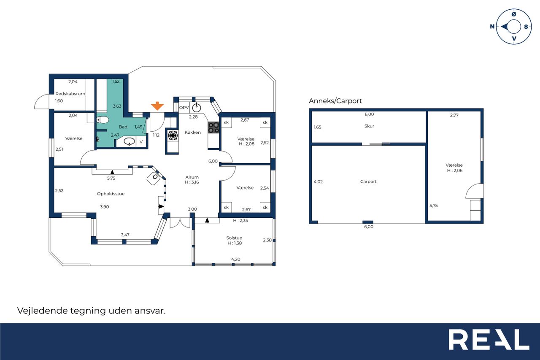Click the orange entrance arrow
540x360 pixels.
pos(157,106)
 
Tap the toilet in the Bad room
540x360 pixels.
pos(103,119)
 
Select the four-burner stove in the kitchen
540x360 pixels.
pos(213,127)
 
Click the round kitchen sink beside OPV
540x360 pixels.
pos(197,108)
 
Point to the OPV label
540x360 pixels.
pos(184,108)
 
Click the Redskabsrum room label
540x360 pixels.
pos(70,94)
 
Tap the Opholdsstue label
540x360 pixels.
pos(111,194)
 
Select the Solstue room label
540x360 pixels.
pos(234,238)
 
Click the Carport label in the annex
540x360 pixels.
pos(368,181)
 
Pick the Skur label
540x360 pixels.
pos(369,126)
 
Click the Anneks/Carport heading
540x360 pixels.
pos(335,101)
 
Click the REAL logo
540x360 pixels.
pos(489,339)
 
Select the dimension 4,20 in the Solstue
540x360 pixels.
pos(236,260)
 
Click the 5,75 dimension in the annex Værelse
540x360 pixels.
pos(433,206)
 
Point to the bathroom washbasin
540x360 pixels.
pos(129,141)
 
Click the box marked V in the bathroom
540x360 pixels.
pos(141,142)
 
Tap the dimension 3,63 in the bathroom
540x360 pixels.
pos(117,106)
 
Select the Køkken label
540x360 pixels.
pos(193,133)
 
